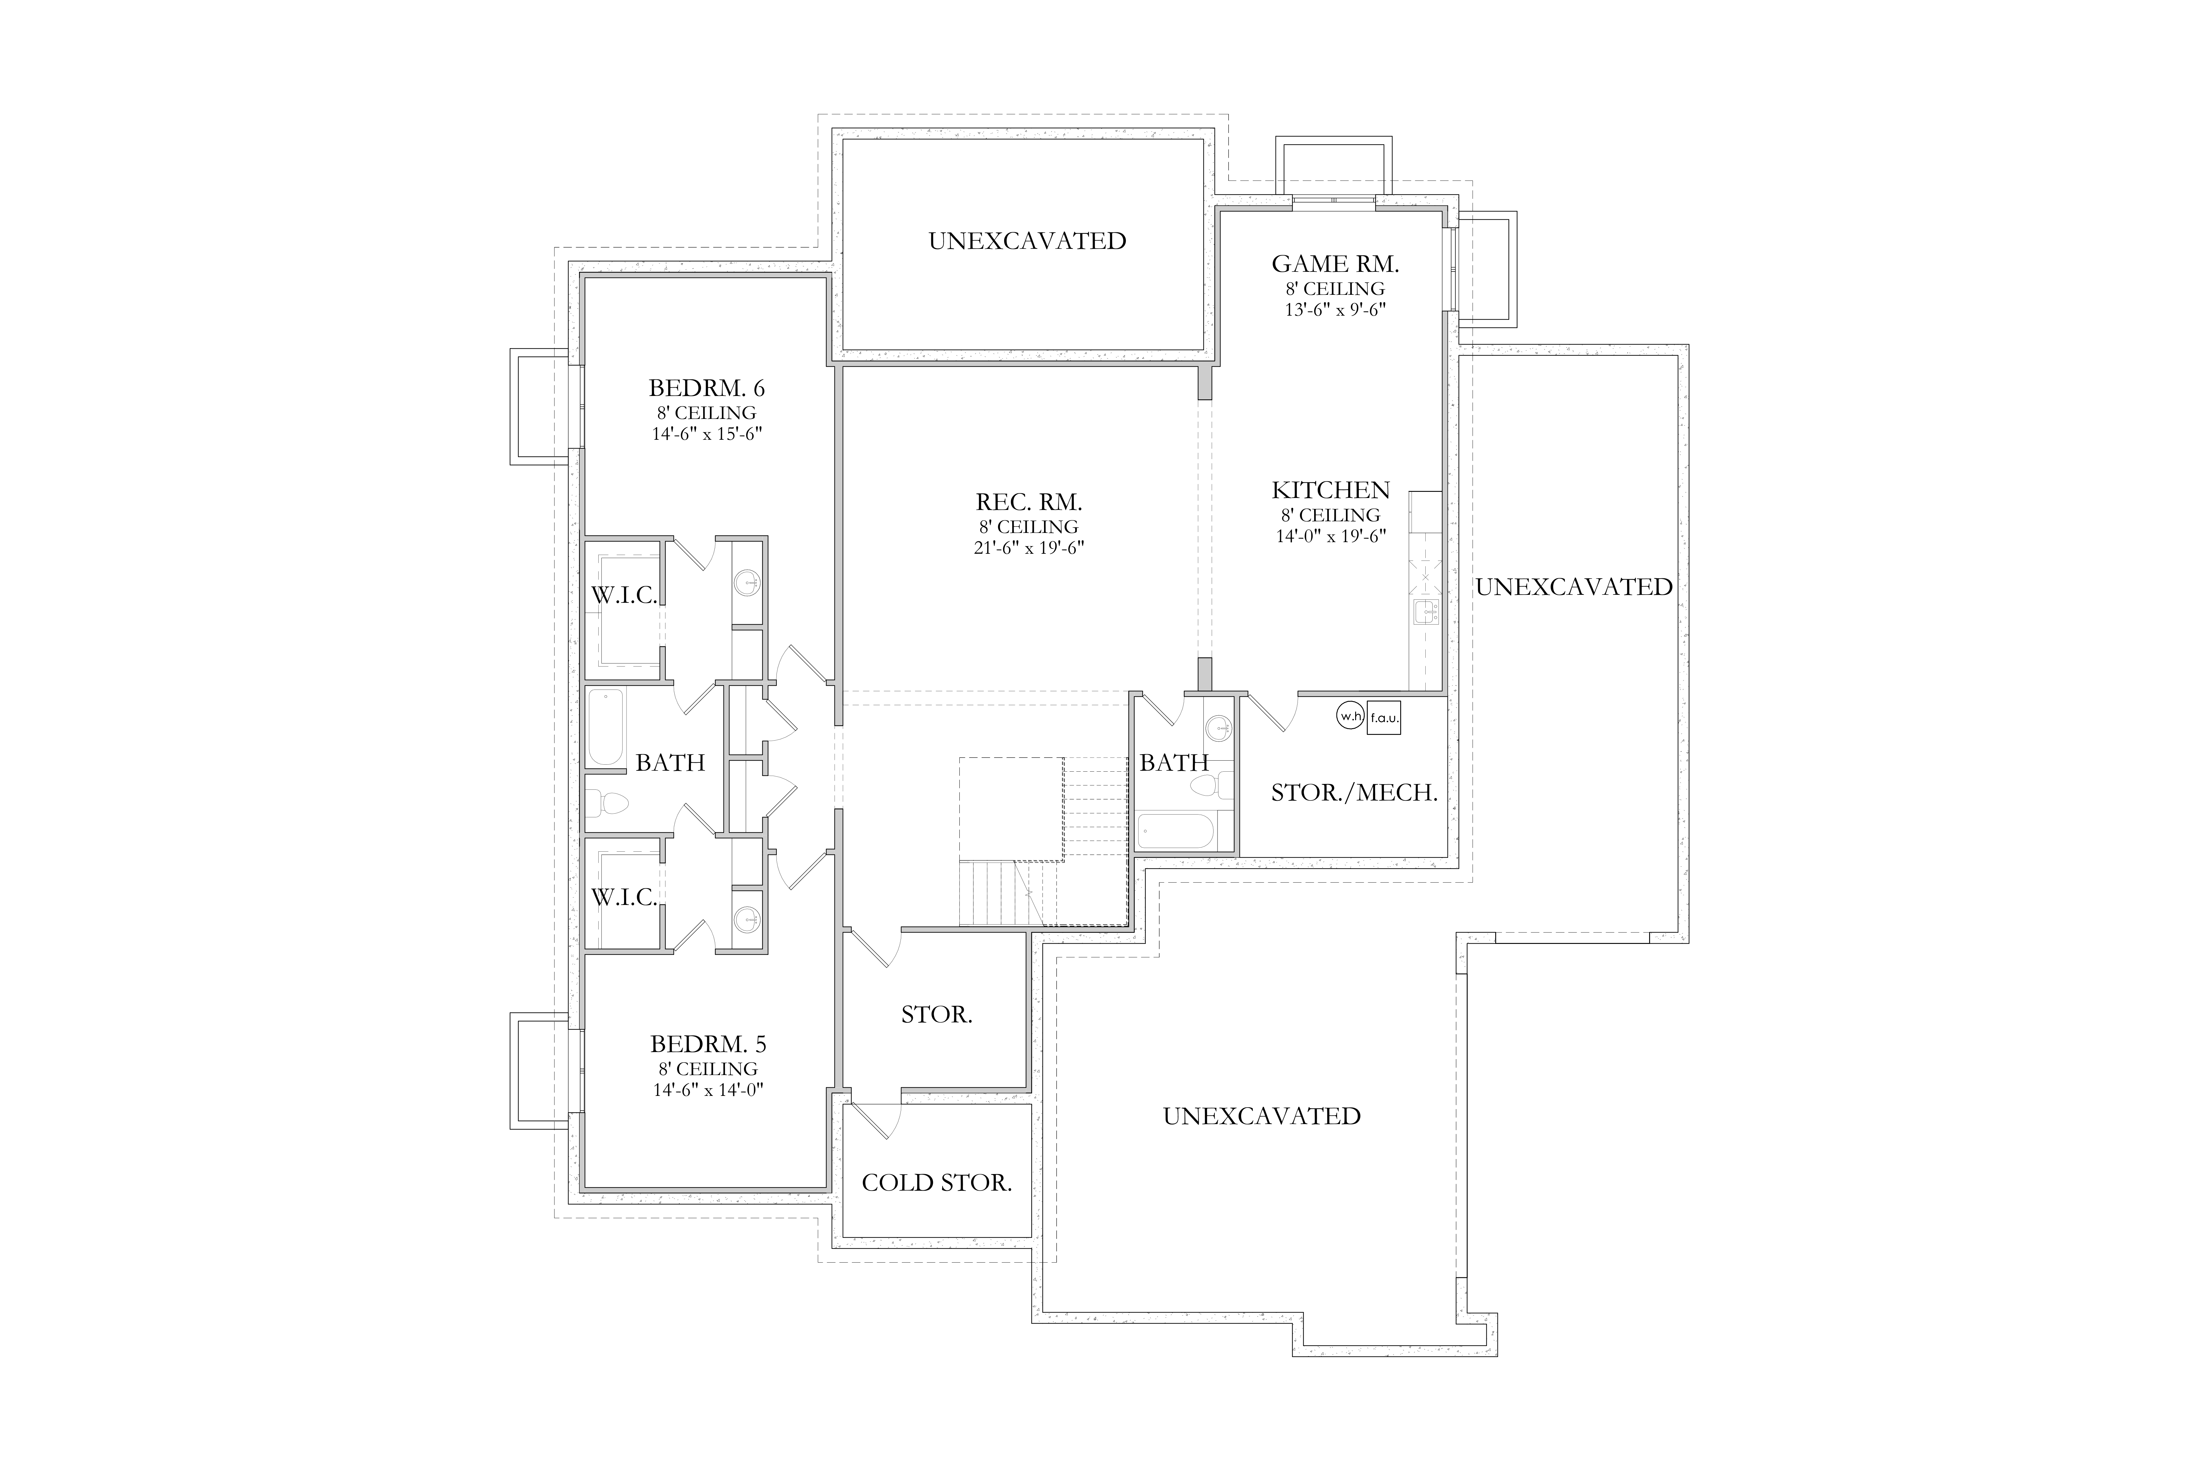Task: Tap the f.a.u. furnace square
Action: click(x=1384, y=718)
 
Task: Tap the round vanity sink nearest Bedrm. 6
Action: click(x=748, y=583)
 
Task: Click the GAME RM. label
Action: click(x=1335, y=264)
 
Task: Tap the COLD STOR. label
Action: click(x=936, y=1183)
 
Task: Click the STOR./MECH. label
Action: click(x=1354, y=793)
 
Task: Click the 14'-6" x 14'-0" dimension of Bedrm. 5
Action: click(x=708, y=1090)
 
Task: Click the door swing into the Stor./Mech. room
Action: click(x=1272, y=713)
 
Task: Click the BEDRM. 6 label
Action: click(x=707, y=387)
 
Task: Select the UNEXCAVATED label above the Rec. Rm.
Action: click(x=1027, y=241)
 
